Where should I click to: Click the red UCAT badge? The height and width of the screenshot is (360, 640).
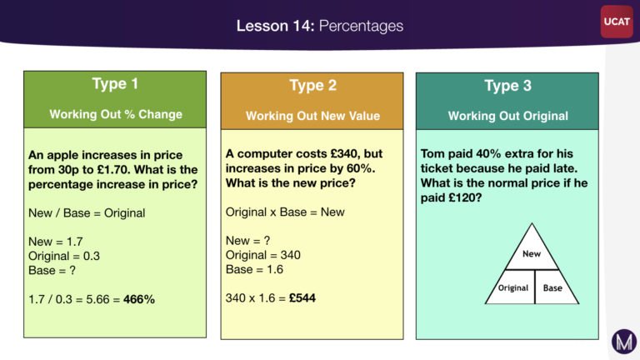(x=617, y=22)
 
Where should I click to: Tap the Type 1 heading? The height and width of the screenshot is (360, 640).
(x=115, y=83)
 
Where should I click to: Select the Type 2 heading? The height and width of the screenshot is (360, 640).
(x=313, y=85)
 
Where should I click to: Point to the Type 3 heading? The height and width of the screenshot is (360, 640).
(x=507, y=86)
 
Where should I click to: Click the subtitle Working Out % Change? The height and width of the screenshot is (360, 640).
(x=116, y=114)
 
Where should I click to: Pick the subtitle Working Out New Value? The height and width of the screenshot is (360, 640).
(x=312, y=116)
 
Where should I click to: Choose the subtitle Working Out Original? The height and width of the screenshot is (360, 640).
(x=507, y=116)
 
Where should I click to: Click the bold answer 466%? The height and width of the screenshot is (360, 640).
(x=139, y=299)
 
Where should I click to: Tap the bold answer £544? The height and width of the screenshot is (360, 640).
(x=302, y=298)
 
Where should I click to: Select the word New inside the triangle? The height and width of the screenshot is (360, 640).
(x=532, y=254)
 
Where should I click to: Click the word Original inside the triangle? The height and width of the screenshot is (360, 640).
(x=513, y=287)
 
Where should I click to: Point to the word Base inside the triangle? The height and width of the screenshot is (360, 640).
(x=552, y=287)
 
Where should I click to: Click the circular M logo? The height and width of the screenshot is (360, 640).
(x=624, y=341)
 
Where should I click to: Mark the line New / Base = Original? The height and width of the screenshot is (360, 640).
(x=87, y=213)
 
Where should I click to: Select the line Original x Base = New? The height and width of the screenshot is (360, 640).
(x=285, y=212)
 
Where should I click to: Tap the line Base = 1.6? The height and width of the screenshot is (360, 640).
(x=254, y=269)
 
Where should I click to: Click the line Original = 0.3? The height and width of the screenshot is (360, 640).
(x=64, y=256)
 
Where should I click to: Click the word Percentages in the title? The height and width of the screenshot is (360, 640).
(x=361, y=26)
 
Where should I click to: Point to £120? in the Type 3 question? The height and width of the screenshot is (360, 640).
(x=465, y=197)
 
